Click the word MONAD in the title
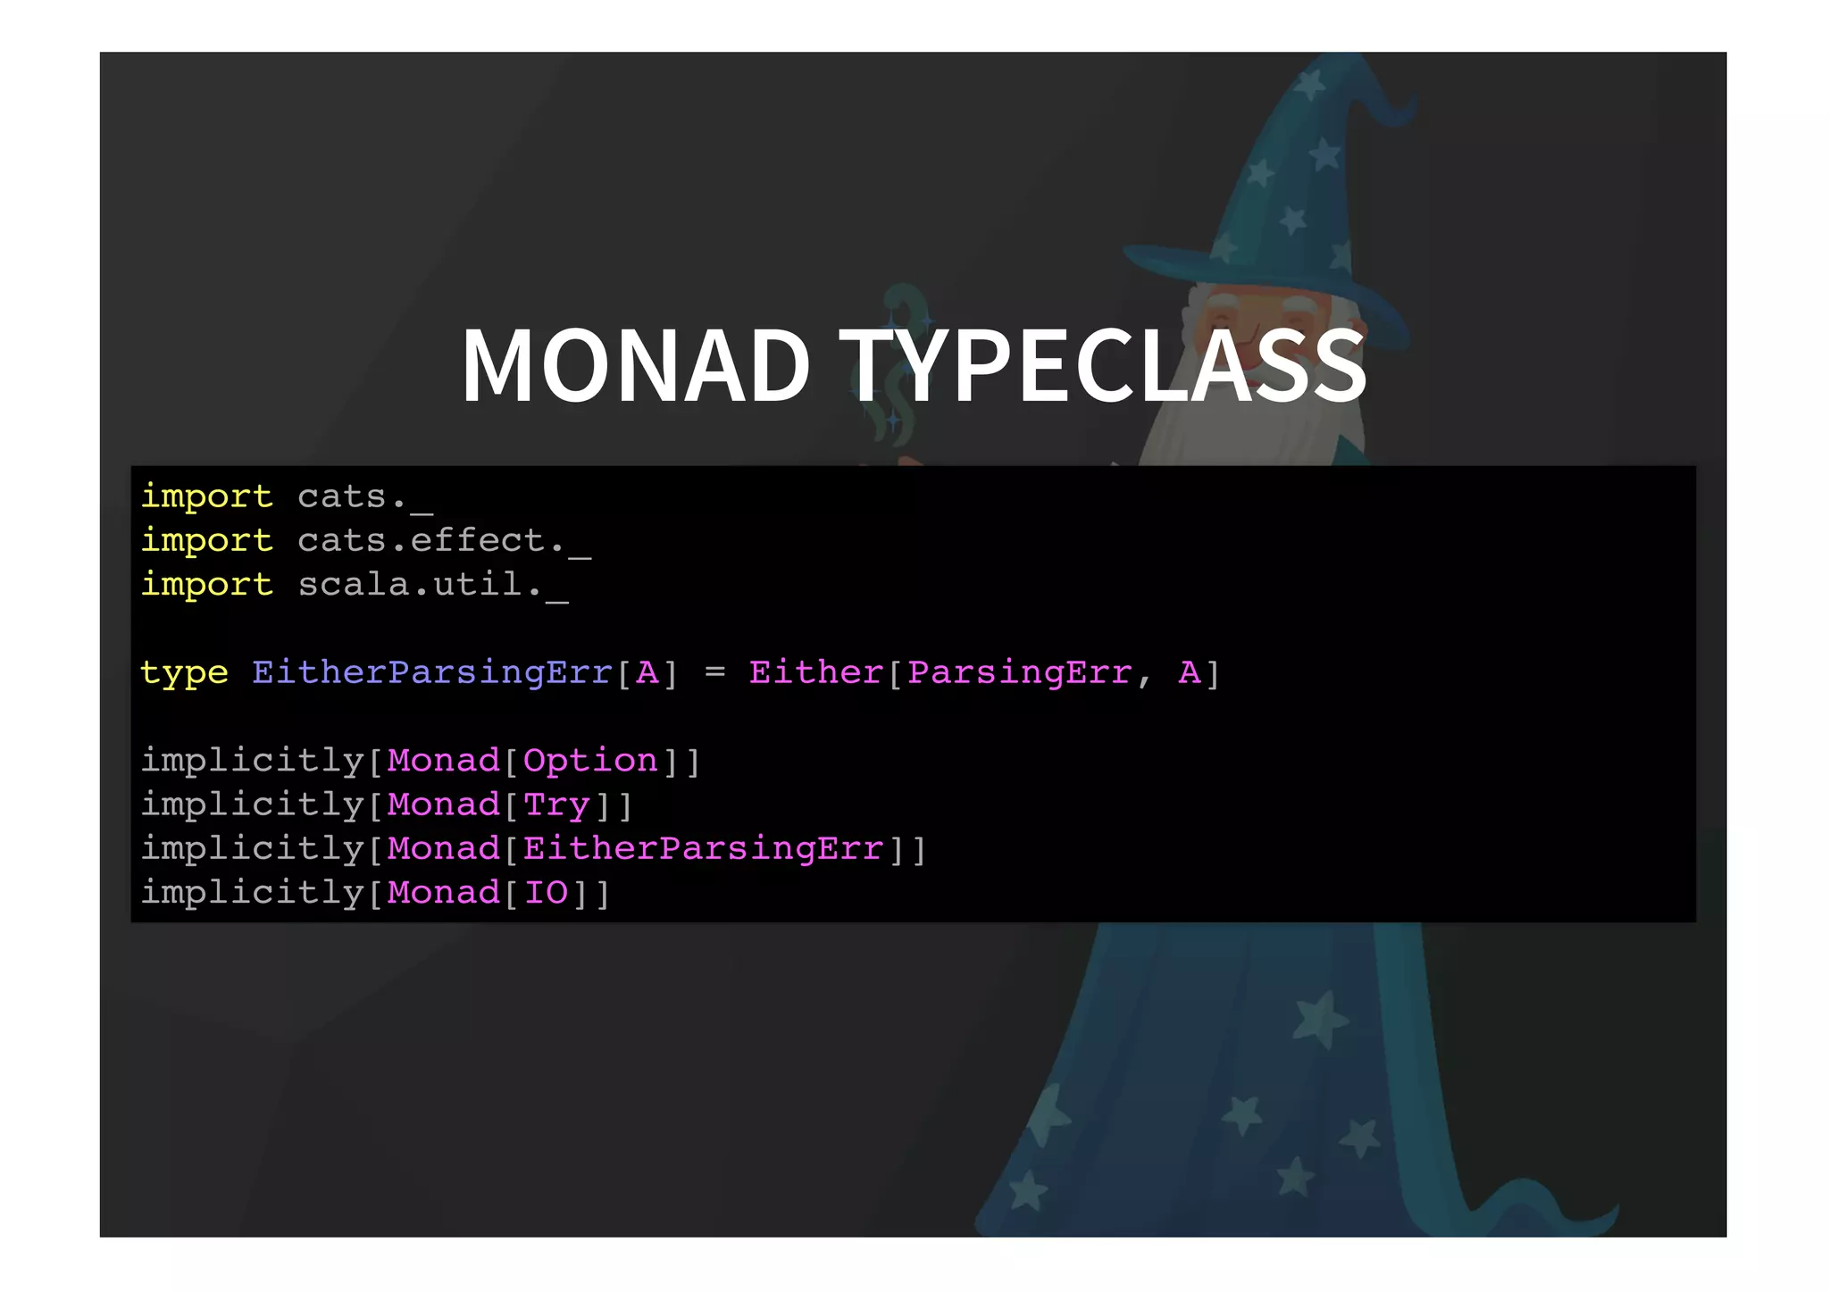(635, 366)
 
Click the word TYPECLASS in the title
(1102, 366)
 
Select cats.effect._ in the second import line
(444, 541)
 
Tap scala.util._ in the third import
(432, 585)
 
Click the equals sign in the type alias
(714, 671)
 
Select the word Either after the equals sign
(815, 672)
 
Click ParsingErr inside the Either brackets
(1019, 672)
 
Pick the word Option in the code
(590, 761)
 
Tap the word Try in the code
(556, 805)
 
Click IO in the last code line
(546, 893)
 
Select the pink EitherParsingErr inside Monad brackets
(704, 849)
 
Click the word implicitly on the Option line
(252, 761)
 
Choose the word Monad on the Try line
(444, 805)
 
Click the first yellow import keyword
(206, 496)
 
